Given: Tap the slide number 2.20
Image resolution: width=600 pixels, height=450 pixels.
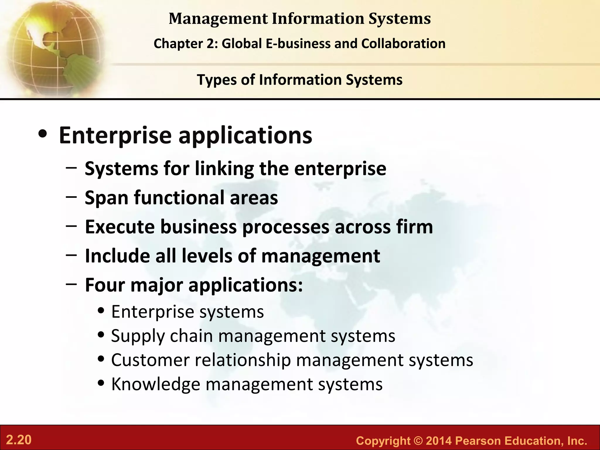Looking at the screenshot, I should coord(19,440).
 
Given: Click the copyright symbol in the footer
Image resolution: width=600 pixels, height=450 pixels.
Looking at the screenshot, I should coord(418,441).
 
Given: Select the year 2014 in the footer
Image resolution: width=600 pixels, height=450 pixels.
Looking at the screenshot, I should coord(439,441).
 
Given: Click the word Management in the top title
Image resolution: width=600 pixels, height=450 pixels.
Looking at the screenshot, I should coord(218,19).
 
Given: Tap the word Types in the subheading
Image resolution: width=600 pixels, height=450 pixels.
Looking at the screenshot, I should coord(216,80).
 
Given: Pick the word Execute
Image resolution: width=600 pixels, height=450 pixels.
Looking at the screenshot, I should coord(120,227).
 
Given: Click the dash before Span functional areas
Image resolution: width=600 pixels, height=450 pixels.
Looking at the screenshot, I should coord(71,197).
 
